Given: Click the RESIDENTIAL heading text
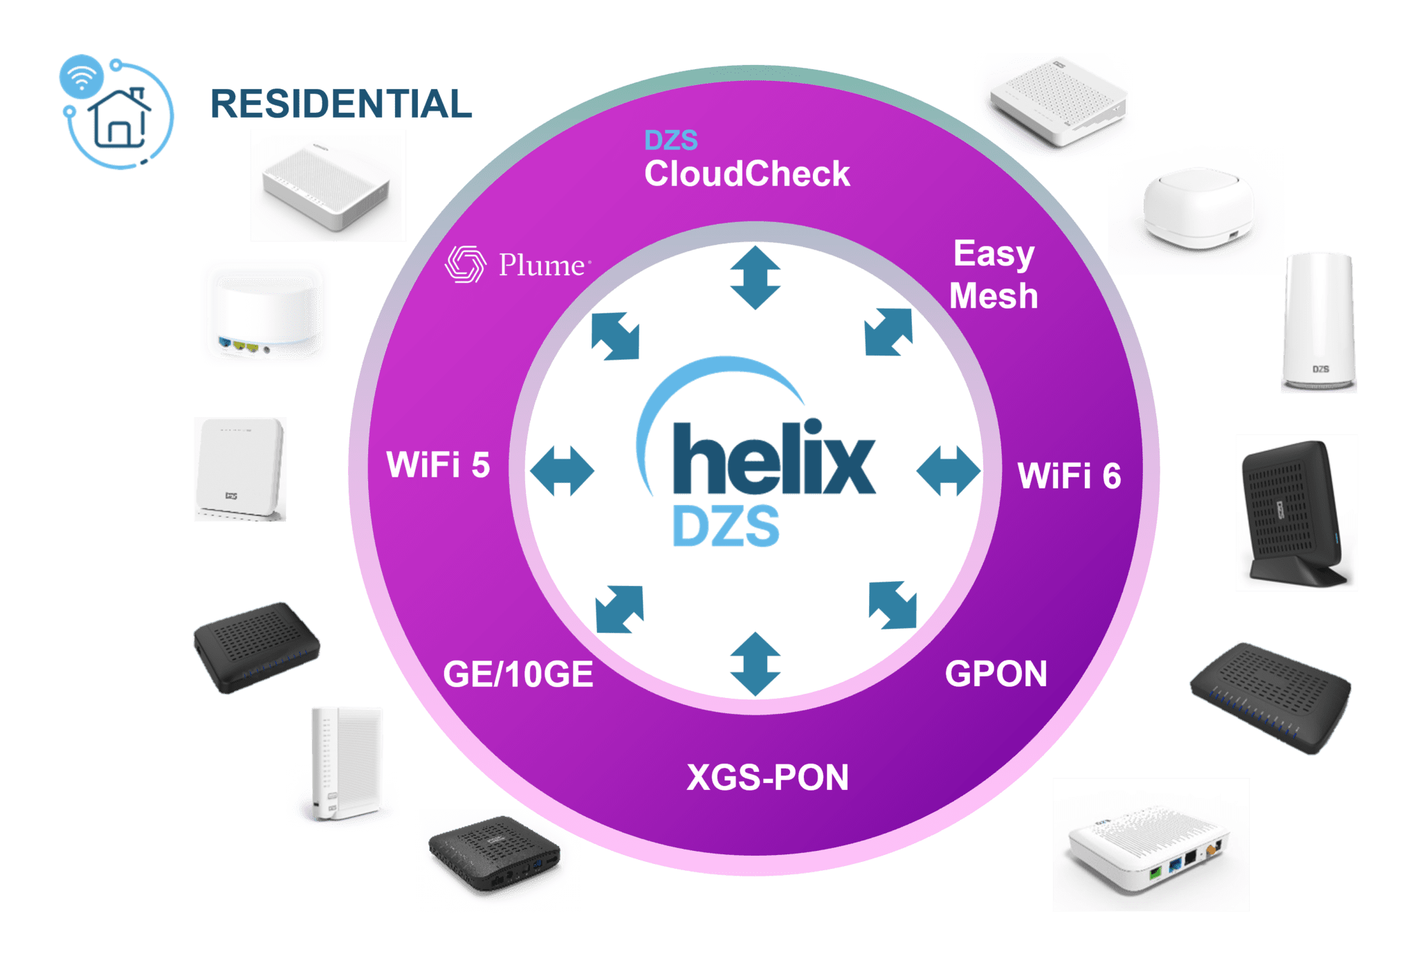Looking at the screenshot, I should pyautogui.click(x=341, y=104).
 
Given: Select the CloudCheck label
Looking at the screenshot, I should pyautogui.click(x=747, y=173).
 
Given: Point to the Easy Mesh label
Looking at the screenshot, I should pyautogui.click(x=994, y=275).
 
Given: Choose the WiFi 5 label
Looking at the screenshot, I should pyautogui.click(x=438, y=464).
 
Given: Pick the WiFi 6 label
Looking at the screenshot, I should pyautogui.click(x=1069, y=476).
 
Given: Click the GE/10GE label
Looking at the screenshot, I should pyautogui.click(x=518, y=674).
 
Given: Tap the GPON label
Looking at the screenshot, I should pyautogui.click(x=996, y=674).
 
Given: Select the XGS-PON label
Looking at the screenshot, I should pyautogui.click(x=767, y=778).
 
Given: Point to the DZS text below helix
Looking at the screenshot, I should pyautogui.click(x=726, y=526).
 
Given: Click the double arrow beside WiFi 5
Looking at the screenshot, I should pyautogui.click(x=561, y=471).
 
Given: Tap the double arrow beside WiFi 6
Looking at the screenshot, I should pyautogui.click(x=949, y=471).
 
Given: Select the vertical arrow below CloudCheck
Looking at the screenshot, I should pyautogui.click(x=755, y=277).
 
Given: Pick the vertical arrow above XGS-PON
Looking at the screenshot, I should pyautogui.click(x=755, y=663).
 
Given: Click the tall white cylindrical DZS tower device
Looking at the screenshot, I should pyautogui.click(x=1318, y=321).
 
